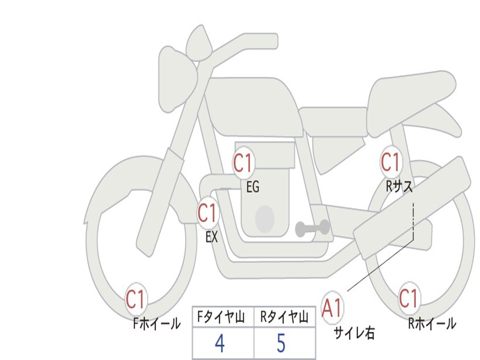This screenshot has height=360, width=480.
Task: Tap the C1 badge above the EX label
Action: pyautogui.click(x=207, y=213)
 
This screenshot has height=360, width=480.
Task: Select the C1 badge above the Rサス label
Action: pyautogui.click(x=390, y=162)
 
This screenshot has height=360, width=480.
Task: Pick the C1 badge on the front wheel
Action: pyautogui.click(x=135, y=299)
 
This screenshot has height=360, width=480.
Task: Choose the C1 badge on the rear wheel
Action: pyautogui.click(x=409, y=298)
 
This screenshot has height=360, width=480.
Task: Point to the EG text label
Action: pyautogui.click(x=253, y=187)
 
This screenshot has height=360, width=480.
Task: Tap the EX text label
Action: pyautogui.click(x=211, y=237)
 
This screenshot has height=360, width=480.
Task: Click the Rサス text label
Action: pyautogui.click(x=399, y=186)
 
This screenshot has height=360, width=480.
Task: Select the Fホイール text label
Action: pyautogui.click(x=157, y=324)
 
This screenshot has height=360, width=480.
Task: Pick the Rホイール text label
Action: pyautogui.click(x=432, y=323)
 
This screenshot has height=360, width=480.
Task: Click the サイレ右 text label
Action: pyautogui.click(x=354, y=333)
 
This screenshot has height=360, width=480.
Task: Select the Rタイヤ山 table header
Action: pyautogui.click(x=284, y=317)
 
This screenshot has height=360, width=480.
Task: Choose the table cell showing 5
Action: pyautogui.click(x=285, y=343)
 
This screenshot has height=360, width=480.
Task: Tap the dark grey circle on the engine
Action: pyautogui.click(x=265, y=219)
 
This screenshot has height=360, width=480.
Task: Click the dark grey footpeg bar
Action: pyautogui.click(x=312, y=228)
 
